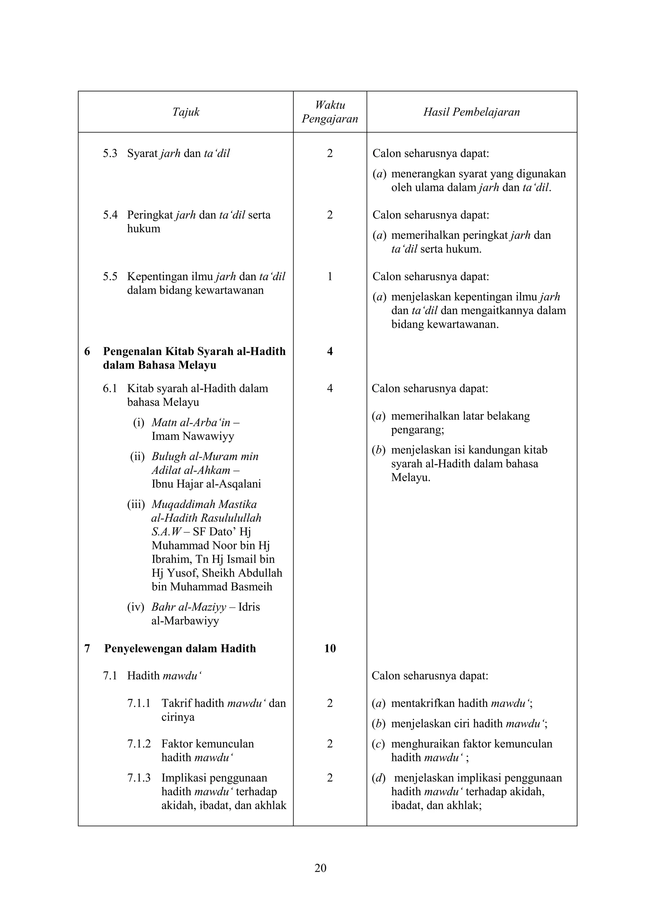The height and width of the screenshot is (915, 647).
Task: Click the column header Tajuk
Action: [x=186, y=112]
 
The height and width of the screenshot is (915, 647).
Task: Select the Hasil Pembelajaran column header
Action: [x=471, y=112]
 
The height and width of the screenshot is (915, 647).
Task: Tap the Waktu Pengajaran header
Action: [x=330, y=112]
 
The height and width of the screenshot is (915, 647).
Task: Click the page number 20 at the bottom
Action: [x=320, y=868]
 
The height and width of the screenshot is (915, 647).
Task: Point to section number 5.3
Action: [x=110, y=153]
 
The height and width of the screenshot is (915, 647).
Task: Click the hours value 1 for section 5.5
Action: [x=330, y=277]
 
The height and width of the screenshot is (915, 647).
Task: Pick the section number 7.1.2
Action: [x=139, y=744]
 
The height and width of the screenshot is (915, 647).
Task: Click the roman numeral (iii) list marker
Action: [x=136, y=504]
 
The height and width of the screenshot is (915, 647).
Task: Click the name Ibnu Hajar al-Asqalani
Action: [x=206, y=484]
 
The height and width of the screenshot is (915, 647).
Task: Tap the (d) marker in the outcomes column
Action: [x=378, y=778]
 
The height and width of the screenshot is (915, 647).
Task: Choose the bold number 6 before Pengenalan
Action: [x=87, y=351]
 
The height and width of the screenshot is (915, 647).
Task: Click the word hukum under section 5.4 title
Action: [x=143, y=229]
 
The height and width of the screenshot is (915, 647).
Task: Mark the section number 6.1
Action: [x=110, y=388]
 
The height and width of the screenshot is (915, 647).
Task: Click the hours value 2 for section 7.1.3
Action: [x=330, y=778]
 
